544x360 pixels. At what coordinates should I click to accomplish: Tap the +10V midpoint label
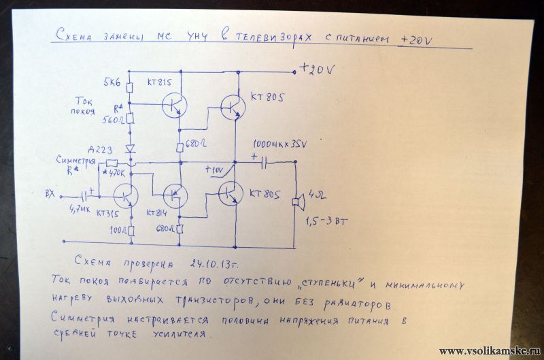(x=214, y=167)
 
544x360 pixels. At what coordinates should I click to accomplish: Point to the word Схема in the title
(x=74, y=39)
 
